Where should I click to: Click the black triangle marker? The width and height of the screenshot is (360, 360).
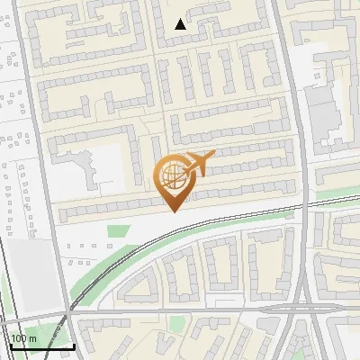[181, 24]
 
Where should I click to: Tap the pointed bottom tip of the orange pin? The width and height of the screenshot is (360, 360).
[175, 211]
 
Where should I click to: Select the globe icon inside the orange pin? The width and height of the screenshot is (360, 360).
[171, 175]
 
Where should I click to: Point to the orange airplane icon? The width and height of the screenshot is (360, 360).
[199, 163]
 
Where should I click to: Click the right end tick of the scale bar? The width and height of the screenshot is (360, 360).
[74, 344]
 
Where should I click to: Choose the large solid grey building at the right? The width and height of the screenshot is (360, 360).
[323, 117]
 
